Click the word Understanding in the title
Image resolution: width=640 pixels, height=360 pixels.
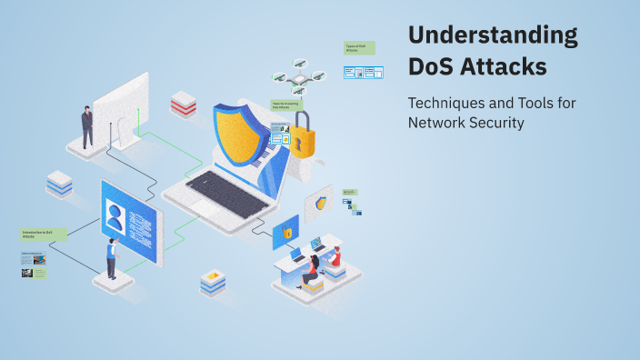click(492, 36)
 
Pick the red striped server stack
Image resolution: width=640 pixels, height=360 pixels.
click(183, 105)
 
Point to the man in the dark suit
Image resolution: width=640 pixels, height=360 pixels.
click(87, 126)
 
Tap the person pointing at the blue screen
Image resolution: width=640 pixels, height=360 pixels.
click(111, 258)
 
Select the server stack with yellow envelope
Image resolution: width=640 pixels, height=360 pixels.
click(213, 282)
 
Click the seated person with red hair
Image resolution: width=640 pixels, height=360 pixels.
click(315, 268)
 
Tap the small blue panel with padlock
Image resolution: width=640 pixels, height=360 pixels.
click(285, 233)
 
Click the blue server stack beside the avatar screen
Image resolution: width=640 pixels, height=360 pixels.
click(59, 184)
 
